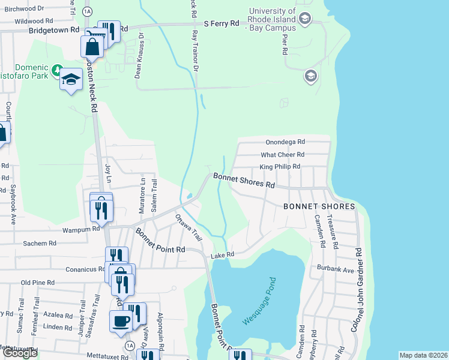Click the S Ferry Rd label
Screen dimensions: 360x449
click(221, 23)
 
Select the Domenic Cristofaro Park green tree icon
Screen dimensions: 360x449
click(56, 71)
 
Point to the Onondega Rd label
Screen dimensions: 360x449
click(285, 142)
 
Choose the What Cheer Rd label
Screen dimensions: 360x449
click(283, 154)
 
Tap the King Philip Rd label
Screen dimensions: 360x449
click(280, 166)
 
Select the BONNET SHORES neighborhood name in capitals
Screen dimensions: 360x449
click(319, 206)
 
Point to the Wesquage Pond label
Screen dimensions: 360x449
click(259, 301)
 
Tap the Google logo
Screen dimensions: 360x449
click(20, 353)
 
